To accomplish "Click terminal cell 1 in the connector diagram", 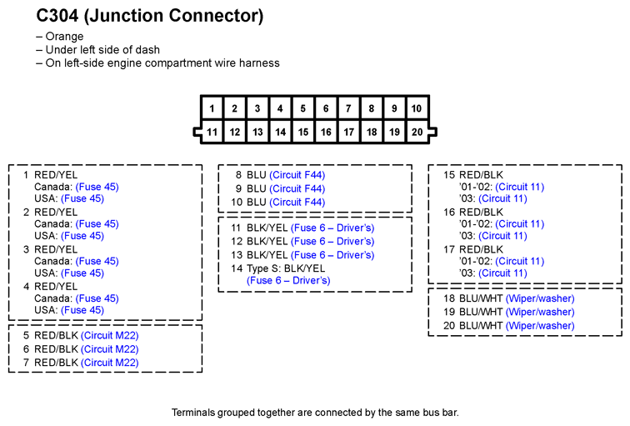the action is (212, 108).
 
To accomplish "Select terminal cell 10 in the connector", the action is (417, 108).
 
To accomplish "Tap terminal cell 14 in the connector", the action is (280, 132).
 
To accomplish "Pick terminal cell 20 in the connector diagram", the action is (417, 132).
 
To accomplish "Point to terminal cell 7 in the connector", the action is (348, 108).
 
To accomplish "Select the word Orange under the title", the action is (64, 36).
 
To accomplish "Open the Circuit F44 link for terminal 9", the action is (297, 188).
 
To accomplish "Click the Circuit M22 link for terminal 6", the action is (110, 348).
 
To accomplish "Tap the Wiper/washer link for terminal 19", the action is (540, 312).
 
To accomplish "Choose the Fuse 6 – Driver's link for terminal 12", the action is (332, 241).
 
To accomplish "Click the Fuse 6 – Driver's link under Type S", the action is (288, 280).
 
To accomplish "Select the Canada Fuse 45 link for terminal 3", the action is (97, 261).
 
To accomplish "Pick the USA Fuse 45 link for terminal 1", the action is (82, 198).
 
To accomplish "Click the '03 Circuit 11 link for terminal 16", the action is (502, 236).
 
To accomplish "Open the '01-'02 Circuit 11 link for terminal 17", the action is (519, 261).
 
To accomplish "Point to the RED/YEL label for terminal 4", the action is (56, 287).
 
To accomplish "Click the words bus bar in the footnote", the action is (441, 413).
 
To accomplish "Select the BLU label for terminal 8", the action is (257, 175).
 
